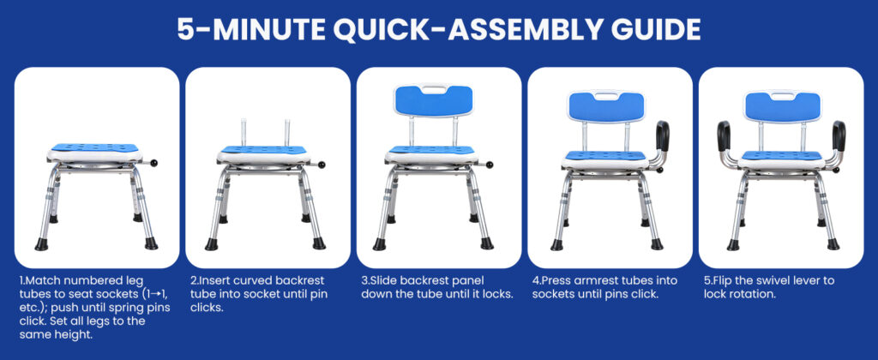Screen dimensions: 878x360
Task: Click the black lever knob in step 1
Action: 153,164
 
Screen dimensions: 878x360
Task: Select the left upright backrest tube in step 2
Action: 244,134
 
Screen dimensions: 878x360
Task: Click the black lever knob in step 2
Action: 322,165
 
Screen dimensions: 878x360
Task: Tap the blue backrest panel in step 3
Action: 434,101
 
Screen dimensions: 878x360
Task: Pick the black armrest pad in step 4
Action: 663,135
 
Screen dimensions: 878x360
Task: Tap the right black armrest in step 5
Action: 839,136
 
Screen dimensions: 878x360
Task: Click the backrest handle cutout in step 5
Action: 781,97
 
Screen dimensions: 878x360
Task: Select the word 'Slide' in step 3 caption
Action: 385,280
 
